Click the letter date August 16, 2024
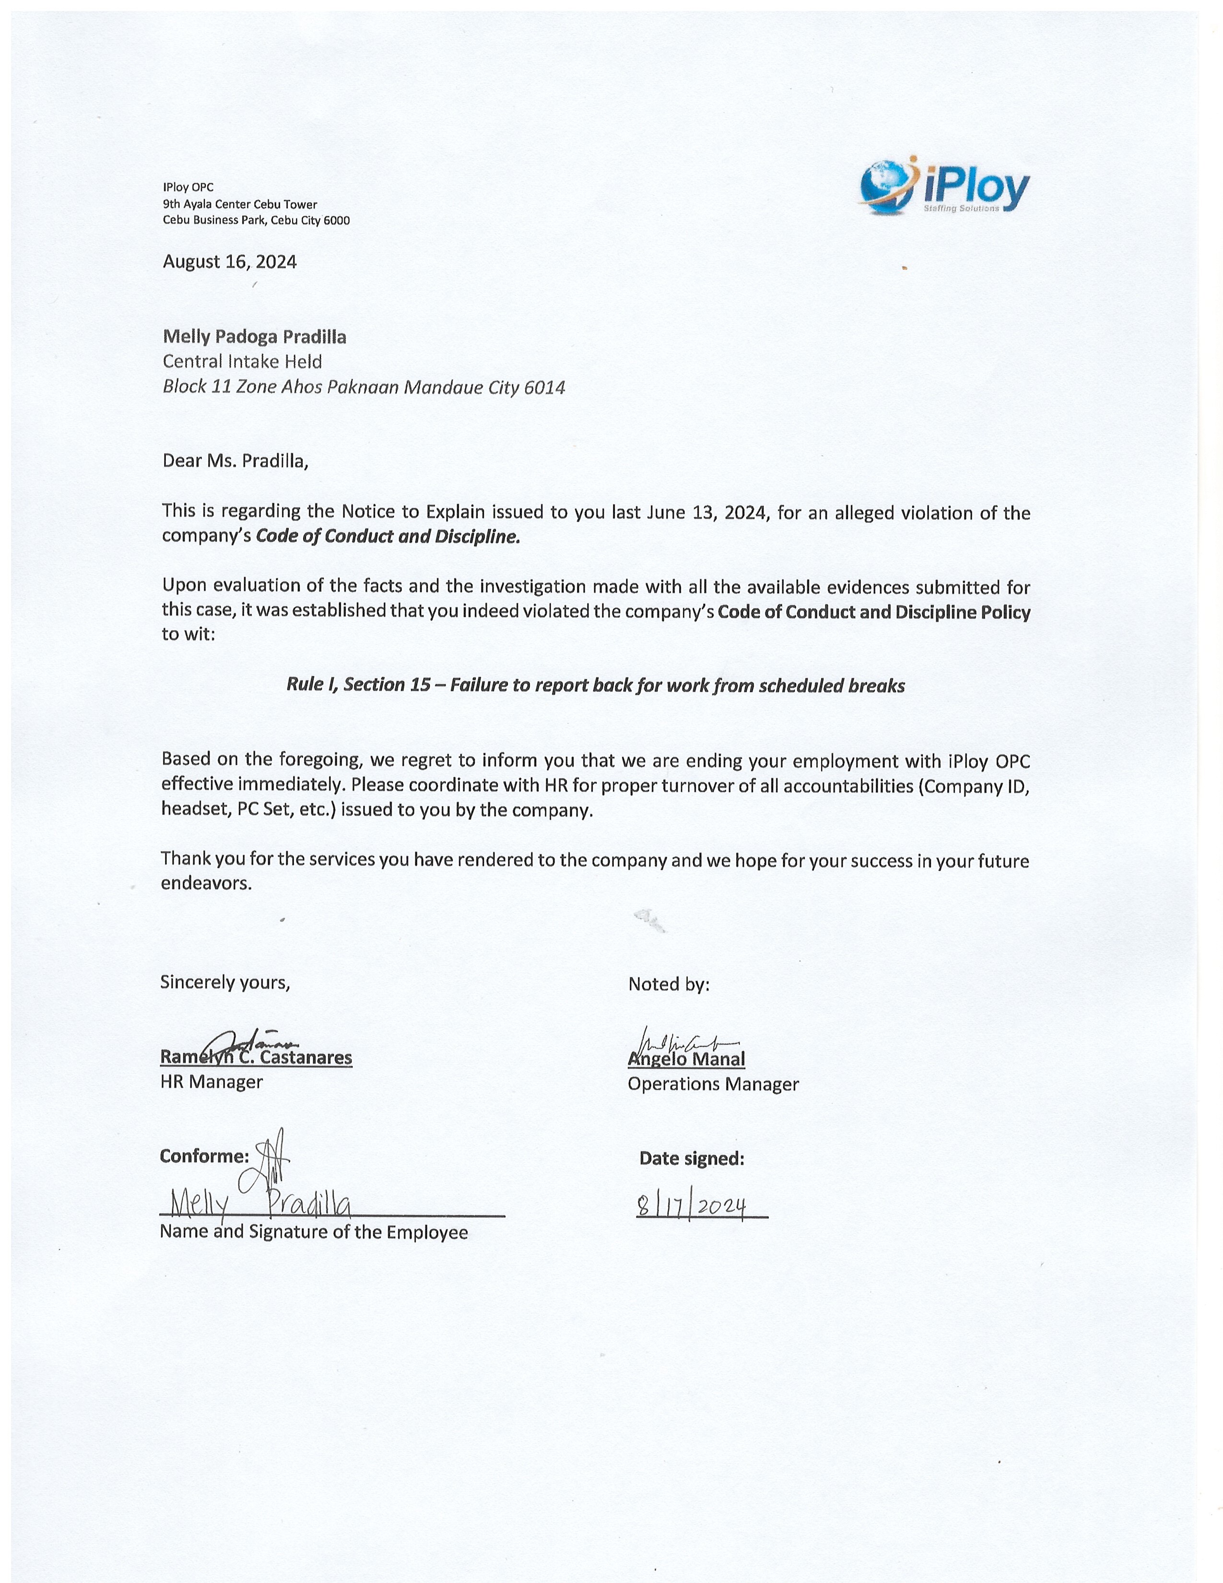point(230,261)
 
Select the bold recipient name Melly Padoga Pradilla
point(254,337)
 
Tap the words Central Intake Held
point(242,362)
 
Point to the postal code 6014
point(544,388)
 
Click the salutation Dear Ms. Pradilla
point(235,461)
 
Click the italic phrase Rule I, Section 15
point(359,685)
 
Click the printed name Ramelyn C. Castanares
point(256,1058)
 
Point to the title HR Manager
point(211,1082)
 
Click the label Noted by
point(668,984)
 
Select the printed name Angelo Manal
point(686,1060)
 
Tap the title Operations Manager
point(713,1084)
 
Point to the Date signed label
point(691,1159)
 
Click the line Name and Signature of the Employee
point(314,1232)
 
